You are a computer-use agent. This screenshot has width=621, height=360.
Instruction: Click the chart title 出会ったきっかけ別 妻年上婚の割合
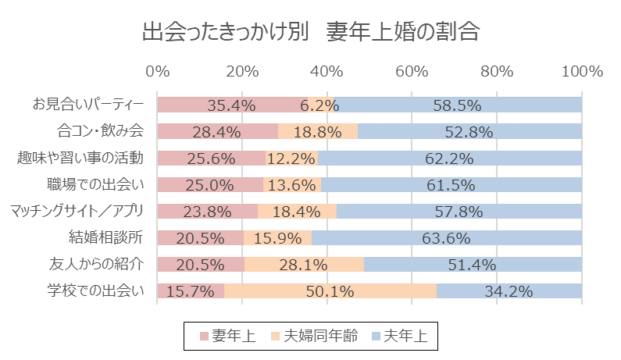(x=310, y=33)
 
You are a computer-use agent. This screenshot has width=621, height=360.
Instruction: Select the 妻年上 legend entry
(x=226, y=337)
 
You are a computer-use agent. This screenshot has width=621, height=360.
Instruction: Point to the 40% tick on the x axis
(x=327, y=71)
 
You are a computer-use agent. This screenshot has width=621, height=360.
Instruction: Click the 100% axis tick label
(x=581, y=71)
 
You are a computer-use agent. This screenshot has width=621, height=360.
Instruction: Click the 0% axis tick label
(x=158, y=71)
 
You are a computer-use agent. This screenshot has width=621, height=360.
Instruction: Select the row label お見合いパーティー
(x=88, y=105)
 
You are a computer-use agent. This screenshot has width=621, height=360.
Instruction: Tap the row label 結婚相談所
(x=107, y=237)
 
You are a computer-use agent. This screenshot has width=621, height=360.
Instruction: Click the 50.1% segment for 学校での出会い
(x=330, y=291)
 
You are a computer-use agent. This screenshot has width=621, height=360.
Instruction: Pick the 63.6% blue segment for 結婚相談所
(x=447, y=237)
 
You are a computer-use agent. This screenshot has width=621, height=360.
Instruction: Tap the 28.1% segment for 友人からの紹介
(x=304, y=265)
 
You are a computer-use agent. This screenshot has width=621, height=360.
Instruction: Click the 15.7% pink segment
(x=191, y=291)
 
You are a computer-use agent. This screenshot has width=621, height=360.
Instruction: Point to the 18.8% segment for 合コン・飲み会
(x=318, y=131)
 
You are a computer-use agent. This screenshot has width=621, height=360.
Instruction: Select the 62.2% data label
(x=449, y=159)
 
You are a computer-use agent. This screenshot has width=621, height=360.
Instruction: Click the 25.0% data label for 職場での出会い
(x=210, y=185)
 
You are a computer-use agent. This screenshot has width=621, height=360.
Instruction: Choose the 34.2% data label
(x=509, y=291)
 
